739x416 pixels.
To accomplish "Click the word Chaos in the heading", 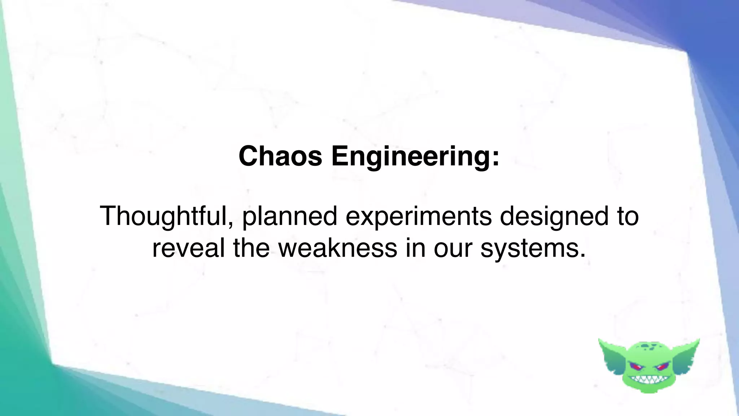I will click(280, 156).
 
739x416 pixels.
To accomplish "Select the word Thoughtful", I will click(166, 216).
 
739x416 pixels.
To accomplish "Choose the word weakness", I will click(338, 248).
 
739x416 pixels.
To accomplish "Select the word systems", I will click(533, 248).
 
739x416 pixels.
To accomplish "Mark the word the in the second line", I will click(252, 248).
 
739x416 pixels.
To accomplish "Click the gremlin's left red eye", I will click(637, 367).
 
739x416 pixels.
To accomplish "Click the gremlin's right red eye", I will click(661, 367).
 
